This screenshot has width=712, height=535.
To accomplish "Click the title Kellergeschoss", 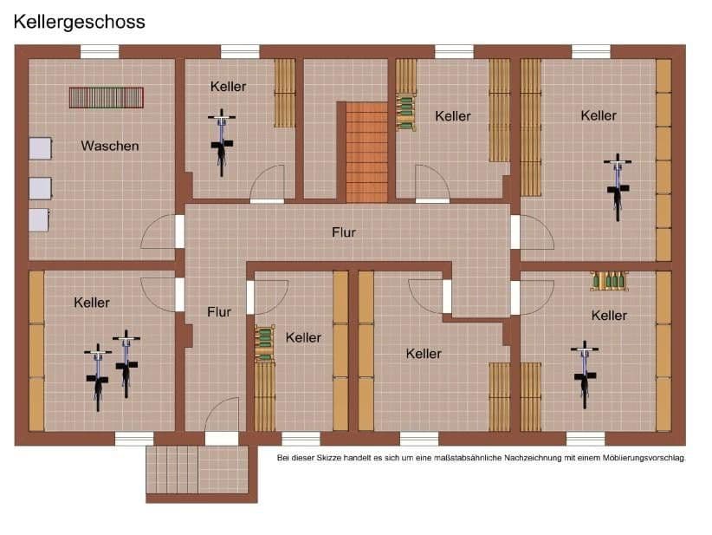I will (79, 22).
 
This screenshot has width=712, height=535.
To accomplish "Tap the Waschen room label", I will (110, 146).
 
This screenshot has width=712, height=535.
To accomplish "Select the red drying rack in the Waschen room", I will (107, 97).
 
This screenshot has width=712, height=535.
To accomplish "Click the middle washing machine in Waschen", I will (40, 187).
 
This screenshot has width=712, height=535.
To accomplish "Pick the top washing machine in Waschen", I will (40, 148).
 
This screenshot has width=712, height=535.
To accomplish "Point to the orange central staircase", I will (366, 152).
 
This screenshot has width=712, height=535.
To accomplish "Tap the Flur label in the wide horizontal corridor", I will (344, 232).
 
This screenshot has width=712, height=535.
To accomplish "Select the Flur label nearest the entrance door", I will (219, 311).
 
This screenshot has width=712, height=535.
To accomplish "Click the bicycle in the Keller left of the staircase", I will (222, 142).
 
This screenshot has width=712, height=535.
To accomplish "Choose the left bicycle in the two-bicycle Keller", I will (98, 377).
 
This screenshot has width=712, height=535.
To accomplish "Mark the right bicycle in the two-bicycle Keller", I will (126, 363).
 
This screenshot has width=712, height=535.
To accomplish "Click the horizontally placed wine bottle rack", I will (610, 281).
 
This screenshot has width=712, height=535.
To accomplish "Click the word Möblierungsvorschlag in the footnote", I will (643, 457).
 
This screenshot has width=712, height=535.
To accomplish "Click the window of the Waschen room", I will (100, 51).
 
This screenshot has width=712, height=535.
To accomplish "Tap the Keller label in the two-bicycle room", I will (92, 303).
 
